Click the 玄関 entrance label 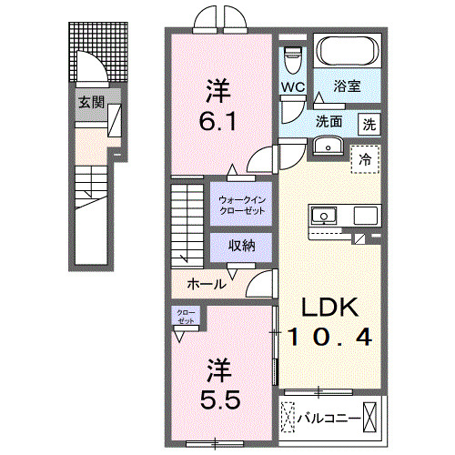coord(89,101)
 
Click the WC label coord(291,87)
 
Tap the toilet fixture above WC coord(293,59)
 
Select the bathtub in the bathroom coord(347,51)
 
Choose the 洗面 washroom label coord(329,119)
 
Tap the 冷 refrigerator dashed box coord(366,159)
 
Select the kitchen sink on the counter coord(324,217)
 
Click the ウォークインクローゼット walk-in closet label coord(241,204)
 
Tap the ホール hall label coord(207,284)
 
